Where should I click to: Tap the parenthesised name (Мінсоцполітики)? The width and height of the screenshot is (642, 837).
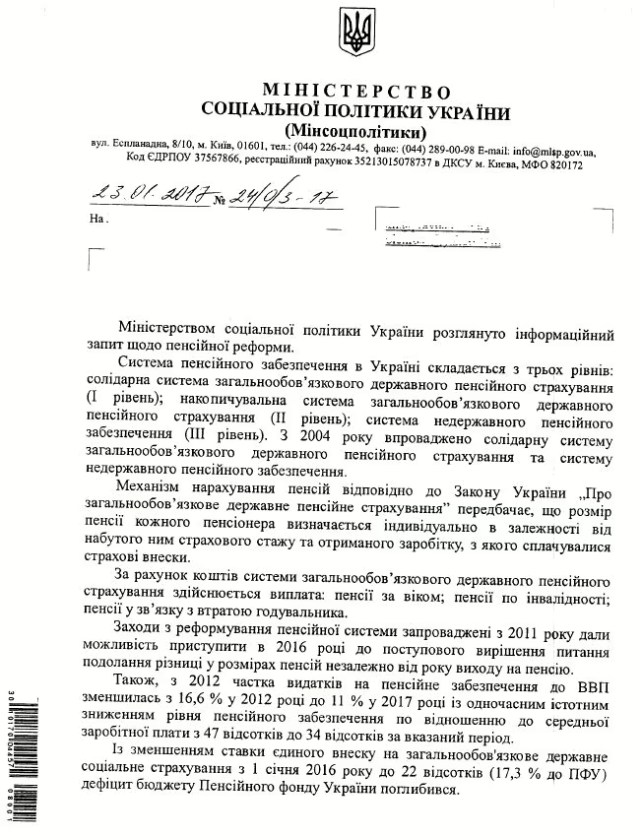[x=354, y=130]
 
